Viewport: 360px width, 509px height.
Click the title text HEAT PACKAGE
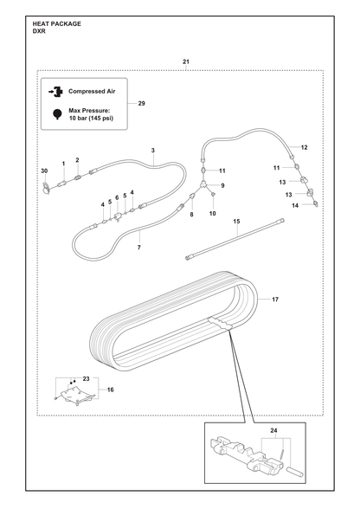point(57,23)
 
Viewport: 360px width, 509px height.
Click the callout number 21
point(186,61)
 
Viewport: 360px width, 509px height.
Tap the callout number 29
point(142,104)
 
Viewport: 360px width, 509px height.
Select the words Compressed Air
point(92,91)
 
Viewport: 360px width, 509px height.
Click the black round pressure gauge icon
point(57,114)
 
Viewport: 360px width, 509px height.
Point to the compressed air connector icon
point(56,92)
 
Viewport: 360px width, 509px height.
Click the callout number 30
point(44,171)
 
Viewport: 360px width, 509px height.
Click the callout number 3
point(153,151)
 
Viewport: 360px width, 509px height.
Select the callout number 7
point(139,248)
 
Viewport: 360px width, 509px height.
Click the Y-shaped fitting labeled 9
point(202,184)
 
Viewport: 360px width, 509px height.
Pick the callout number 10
point(213,213)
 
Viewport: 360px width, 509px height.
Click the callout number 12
point(304,147)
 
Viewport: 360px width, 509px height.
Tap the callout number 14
point(295,205)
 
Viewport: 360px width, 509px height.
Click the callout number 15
point(236,222)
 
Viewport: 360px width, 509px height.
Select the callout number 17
point(275,300)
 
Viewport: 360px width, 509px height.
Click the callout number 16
point(111,390)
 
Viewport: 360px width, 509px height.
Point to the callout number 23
point(86,379)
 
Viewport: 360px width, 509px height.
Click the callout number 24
point(273,431)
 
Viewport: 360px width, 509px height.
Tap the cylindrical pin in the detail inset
point(295,471)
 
